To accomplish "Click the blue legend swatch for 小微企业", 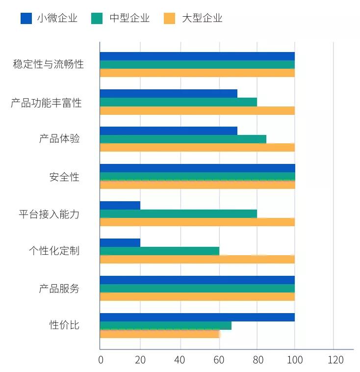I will [x=26, y=19].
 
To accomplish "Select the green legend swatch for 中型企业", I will [x=97, y=19].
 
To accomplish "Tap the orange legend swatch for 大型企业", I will [x=169, y=19].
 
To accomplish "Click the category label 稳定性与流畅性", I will [x=48, y=64].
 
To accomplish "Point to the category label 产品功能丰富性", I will [x=46, y=103].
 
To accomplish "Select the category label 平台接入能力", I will [x=49, y=214].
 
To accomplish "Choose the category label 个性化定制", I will [x=53, y=251].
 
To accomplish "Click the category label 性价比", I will [x=64, y=325].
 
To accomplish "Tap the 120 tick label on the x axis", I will [x=335, y=360].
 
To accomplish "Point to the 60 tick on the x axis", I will [x=219, y=360].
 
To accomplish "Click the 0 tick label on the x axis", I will [x=101, y=360].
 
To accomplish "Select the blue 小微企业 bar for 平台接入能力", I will [x=120, y=205].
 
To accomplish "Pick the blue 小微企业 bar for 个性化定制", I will [x=120, y=242].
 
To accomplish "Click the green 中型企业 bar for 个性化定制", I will [x=159, y=251].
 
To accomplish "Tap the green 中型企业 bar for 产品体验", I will [x=183, y=139].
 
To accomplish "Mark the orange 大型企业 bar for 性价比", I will [x=159, y=334].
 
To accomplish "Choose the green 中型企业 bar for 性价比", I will [x=166, y=325].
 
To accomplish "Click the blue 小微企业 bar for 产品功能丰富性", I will [x=168, y=93].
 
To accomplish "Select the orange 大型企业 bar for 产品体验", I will [x=197, y=147].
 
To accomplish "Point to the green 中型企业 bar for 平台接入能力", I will [x=178, y=213].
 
